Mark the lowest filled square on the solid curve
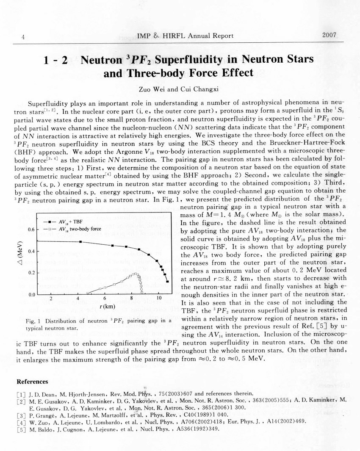(x=168, y=281)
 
